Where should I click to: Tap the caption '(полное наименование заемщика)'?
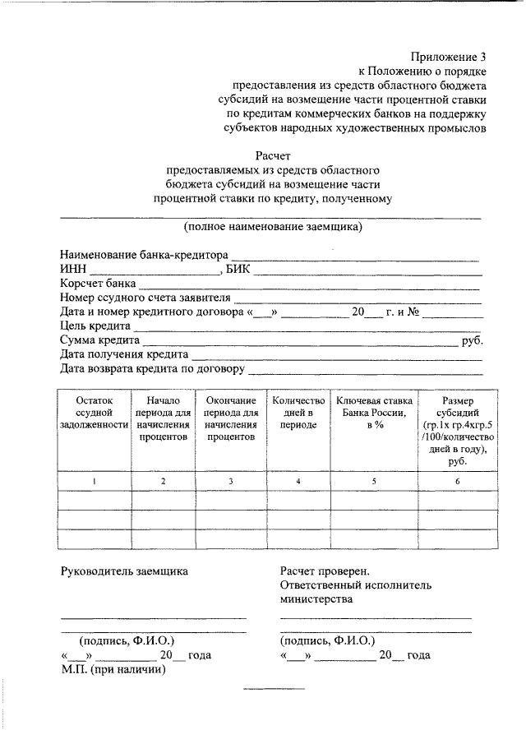pyautogui.click(x=273, y=226)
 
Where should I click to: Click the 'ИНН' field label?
pyautogui.click(x=73, y=269)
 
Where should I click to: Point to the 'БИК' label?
pyautogui.click(x=242, y=269)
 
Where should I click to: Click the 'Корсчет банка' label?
pyautogui.click(x=98, y=284)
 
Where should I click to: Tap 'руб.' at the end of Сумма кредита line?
pyautogui.click(x=473, y=340)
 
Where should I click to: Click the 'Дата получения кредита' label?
pyautogui.click(x=123, y=354)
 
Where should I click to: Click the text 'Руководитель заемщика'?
pyautogui.click(x=124, y=570)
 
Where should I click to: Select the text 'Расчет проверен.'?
pyautogui.click(x=325, y=570)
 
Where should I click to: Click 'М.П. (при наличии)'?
pyautogui.click(x=113, y=669)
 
